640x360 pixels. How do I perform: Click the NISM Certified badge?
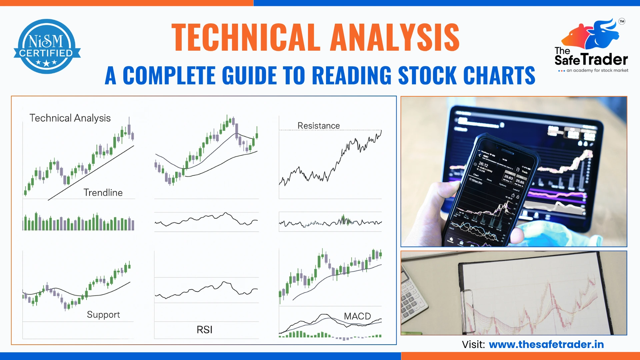[x=47, y=47]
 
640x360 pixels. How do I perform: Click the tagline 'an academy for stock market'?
[x=597, y=71]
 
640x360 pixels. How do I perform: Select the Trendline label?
[x=103, y=193]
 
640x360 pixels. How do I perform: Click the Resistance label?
[x=318, y=126]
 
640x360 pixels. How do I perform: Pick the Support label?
[x=103, y=315]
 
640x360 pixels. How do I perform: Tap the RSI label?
[x=204, y=330]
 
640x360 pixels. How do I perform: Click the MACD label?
[x=357, y=316]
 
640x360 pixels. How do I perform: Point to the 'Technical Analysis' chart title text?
[x=70, y=118]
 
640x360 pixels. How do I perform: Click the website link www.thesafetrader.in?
[x=546, y=344]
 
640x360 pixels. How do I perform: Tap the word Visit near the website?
[x=473, y=344]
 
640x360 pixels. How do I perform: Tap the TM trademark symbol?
[x=622, y=21]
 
